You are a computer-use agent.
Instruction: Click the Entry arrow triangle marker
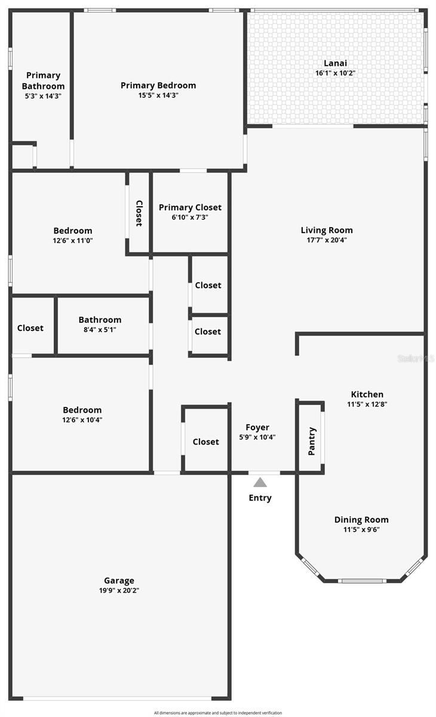pyautogui.click(x=259, y=483)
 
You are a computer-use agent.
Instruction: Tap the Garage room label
pyautogui.click(x=119, y=580)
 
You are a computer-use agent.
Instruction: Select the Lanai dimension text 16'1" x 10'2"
pyautogui.click(x=335, y=73)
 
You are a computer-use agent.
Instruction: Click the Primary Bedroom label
pyautogui.click(x=158, y=85)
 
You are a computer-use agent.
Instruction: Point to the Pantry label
pyautogui.click(x=312, y=441)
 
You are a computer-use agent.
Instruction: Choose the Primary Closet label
pyautogui.click(x=190, y=207)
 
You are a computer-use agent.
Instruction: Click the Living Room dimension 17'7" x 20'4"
pyautogui.click(x=327, y=240)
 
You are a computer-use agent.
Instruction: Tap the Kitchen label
pyautogui.click(x=367, y=394)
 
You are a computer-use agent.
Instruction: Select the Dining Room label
pyautogui.click(x=361, y=520)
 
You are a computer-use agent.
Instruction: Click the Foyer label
pyautogui.click(x=257, y=427)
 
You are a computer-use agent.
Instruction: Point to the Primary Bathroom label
pyautogui.click(x=44, y=81)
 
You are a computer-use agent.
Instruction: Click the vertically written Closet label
pyautogui.click(x=139, y=213)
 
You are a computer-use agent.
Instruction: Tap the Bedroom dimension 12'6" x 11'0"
pyautogui.click(x=73, y=240)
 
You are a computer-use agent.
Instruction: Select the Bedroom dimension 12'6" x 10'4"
pyautogui.click(x=82, y=419)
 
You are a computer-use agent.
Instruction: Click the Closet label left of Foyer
pyautogui.click(x=205, y=442)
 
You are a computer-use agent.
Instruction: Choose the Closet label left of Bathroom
pyautogui.click(x=30, y=328)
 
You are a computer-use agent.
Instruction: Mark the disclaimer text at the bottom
pyautogui.click(x=218, y=713)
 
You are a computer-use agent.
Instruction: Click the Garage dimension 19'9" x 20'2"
pyautogui.click(x=119, y=590)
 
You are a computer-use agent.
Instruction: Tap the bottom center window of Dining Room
pyautogui.click(x=361, y=581)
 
